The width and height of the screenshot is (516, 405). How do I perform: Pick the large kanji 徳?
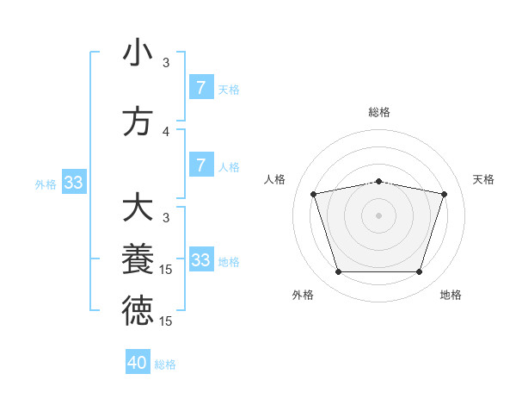tap(138, 311)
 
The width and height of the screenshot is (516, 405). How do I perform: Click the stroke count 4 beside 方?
tap(166, 132)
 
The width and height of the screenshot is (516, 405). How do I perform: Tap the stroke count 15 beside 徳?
tap(166, 321)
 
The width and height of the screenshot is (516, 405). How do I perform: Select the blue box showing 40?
tap(138, 363)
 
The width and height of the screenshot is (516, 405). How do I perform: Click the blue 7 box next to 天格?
tap(200, 87)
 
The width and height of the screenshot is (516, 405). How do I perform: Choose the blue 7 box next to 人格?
tap(200, 165)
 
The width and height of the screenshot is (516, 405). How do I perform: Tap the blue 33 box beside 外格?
tap(73, 182)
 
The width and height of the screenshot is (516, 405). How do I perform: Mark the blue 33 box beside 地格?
tap(200, 259)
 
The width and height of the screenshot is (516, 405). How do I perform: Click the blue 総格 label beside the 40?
tap(165, 364)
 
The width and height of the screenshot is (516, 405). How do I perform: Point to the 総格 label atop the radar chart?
tap(379, 112)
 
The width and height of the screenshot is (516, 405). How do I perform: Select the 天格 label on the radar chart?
tap(483, 179)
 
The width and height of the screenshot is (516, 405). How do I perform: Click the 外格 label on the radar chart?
tap(303, 295)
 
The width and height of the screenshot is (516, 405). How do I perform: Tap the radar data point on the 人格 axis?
tap(314, 194)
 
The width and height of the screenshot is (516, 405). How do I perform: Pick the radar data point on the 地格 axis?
tap(419, 271)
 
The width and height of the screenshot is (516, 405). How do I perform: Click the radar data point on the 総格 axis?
tap(379, 181)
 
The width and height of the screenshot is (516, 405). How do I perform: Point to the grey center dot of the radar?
tap(379, 215)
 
